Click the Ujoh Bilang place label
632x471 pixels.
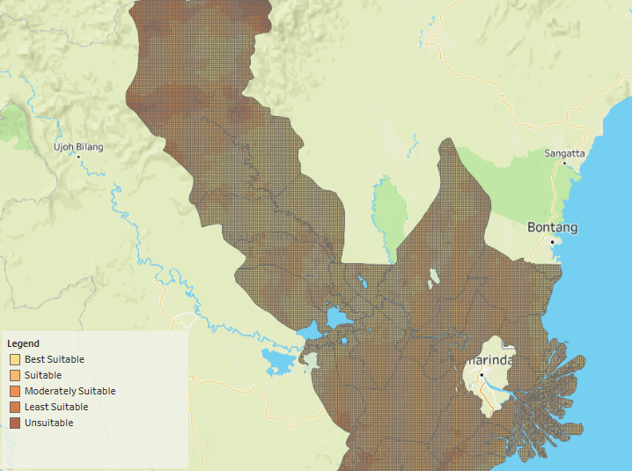77,146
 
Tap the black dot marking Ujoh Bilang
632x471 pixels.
78,157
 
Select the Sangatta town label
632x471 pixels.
564,153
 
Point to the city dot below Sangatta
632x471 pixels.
564,163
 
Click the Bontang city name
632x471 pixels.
553,227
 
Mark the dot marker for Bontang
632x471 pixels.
553,241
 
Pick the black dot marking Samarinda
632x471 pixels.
482,376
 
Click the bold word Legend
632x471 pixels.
23,343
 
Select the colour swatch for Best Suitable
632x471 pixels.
15,359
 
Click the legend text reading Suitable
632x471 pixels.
43,375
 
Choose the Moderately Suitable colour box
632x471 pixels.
15,391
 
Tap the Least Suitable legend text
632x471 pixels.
56,407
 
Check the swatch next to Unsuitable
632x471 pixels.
15,423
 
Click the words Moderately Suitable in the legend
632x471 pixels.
70,391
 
